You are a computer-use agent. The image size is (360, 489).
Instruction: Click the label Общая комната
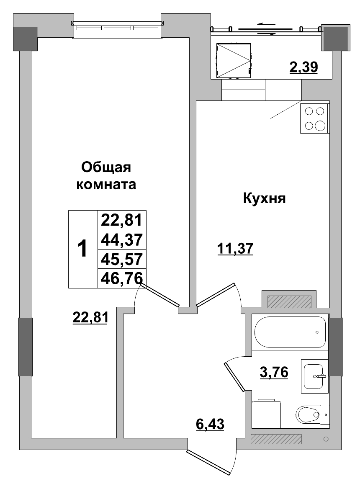tap(106, 176)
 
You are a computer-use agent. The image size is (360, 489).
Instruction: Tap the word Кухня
tap(264, 198)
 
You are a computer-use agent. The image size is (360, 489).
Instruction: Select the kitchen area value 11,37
tap(235, 249)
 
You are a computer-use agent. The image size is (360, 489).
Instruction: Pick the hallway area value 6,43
tap(210, 424)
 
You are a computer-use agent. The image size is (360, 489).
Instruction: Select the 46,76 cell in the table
tap(122, 278)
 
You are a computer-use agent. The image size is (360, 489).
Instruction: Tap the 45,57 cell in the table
tap(122, 259)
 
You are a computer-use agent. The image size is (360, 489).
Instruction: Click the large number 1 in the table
tap(83, 249)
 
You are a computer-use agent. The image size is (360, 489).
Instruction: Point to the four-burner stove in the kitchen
tap(315, 118)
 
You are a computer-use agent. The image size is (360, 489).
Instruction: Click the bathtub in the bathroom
tap(290, 332)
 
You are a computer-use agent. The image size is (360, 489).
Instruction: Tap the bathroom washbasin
tap(314, 376)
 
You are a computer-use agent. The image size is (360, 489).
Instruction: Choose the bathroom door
tap(234, 377)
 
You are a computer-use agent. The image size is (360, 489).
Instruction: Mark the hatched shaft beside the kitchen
tap(289, 301)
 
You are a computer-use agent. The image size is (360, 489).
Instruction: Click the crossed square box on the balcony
tap(234, 61)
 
